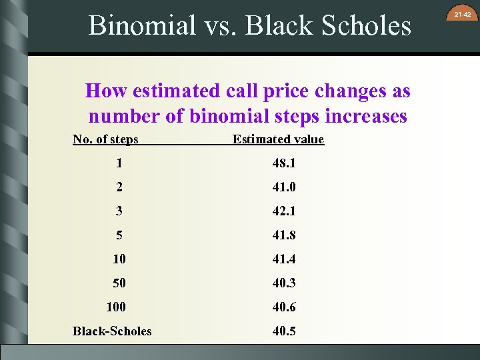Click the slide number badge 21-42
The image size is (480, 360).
[463, 14]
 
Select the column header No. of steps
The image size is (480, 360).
[105, 139]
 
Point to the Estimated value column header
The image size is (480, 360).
[278, 139]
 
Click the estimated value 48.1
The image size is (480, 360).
[283, 163]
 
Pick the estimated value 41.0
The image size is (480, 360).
[283, 187]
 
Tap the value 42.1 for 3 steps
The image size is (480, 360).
[283, 211]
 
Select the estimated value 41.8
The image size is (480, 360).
[283, 235]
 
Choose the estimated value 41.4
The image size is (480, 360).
[283, 259]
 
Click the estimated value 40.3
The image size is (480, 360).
[283, 283]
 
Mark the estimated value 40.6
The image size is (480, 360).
[283, 307]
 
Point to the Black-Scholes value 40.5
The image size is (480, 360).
[283, 331]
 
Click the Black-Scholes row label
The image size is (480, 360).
[112, 331]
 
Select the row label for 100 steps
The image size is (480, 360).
[116, 307]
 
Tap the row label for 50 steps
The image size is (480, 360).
[119, 283]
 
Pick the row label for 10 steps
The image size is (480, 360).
[119, 259]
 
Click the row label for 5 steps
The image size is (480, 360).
[119, 235]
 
